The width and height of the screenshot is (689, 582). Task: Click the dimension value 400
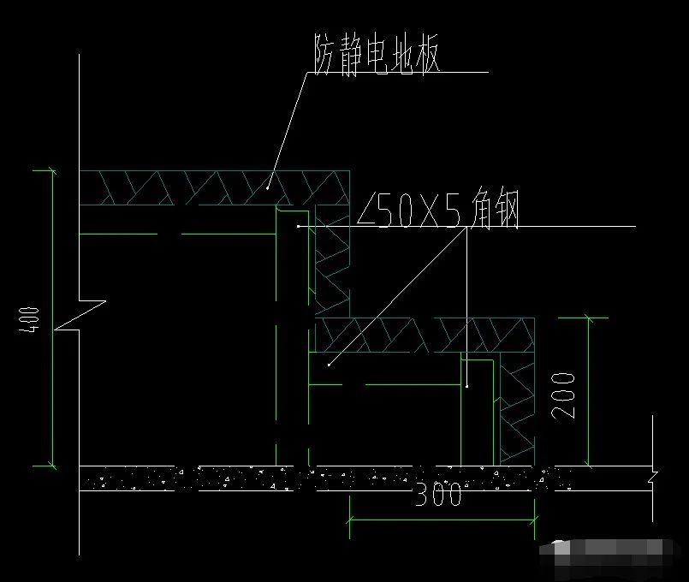(x=33, y=318)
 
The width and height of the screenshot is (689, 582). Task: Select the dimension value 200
(x=563, y=395)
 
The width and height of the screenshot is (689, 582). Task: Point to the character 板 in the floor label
(x=425, y=58)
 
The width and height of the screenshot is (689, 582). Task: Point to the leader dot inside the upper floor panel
(x=268, y=183)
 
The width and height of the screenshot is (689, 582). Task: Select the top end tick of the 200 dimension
(x=588, y=318)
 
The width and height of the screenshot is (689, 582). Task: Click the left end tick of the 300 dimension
(x=349, y=519)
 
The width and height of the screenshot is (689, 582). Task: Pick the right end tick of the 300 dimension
(x=536, y=519)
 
